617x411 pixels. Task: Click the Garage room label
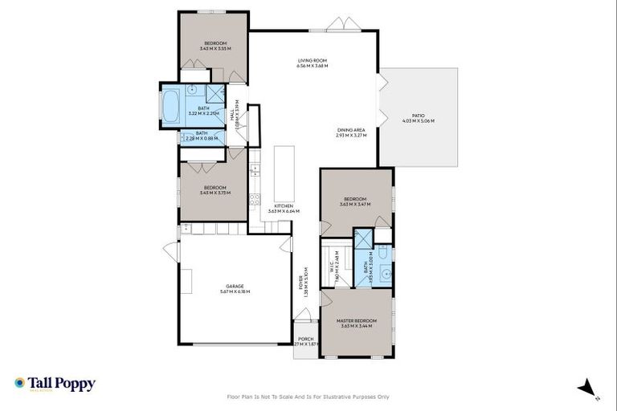[234, 286]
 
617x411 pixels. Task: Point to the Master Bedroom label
[356, 320]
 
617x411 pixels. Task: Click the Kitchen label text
[283, 206]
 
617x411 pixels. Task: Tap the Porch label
[306, 339]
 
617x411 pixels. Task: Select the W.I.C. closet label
[331, 265]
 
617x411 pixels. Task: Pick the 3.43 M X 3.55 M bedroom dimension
[215, 49]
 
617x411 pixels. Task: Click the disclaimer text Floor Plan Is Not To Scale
[308, 397]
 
